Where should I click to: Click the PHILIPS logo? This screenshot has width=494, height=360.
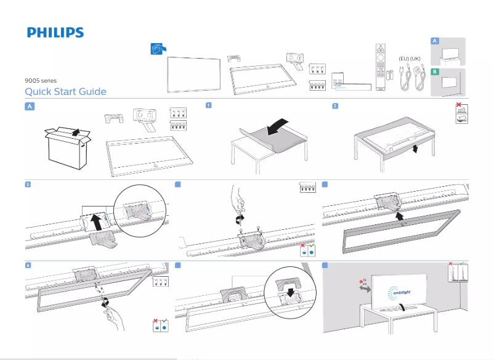(x=55, y=33)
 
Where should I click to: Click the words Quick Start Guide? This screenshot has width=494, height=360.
(x=65, y=92)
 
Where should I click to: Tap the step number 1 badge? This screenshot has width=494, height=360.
(x=209, y=105)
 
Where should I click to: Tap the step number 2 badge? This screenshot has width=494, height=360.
(x=334, y=105)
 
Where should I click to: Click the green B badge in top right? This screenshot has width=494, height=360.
(x=435, y=72)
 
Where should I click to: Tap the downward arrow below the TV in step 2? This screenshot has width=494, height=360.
(x=415, y=150)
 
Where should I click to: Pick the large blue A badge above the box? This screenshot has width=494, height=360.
(x=30, y=106)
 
